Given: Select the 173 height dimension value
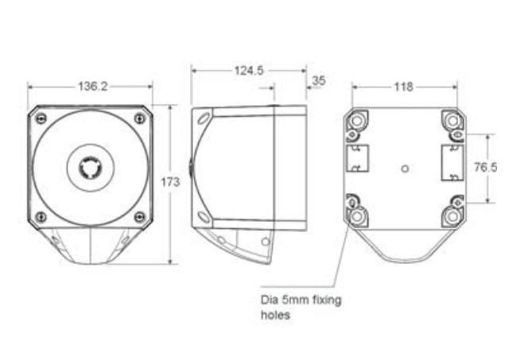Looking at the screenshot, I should tap(170, 182).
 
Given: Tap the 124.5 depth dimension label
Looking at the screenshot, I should tap(248, 71).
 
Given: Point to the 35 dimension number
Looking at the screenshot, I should tap(319, 80).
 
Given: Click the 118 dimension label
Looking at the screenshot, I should tap(404, 86).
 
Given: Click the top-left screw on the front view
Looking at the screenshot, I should tap(41, 118).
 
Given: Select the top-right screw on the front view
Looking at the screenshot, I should tap(140, 118).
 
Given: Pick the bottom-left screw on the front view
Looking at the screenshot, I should tap(41, 215).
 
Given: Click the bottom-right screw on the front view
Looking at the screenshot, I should tap(140, 215).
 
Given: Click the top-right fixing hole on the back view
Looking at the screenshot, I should tap(453, 120).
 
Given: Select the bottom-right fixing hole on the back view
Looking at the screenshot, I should tap(453, 215).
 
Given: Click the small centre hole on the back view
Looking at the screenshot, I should tap(406, 168).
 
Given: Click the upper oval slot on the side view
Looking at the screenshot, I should tap(204, 119).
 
